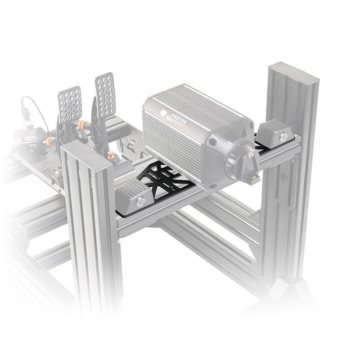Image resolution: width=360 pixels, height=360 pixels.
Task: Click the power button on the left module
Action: pos(140,202)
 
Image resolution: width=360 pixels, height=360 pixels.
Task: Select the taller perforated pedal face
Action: pos(105,96)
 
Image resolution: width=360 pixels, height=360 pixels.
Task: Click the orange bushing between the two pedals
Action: pos(82,125)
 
